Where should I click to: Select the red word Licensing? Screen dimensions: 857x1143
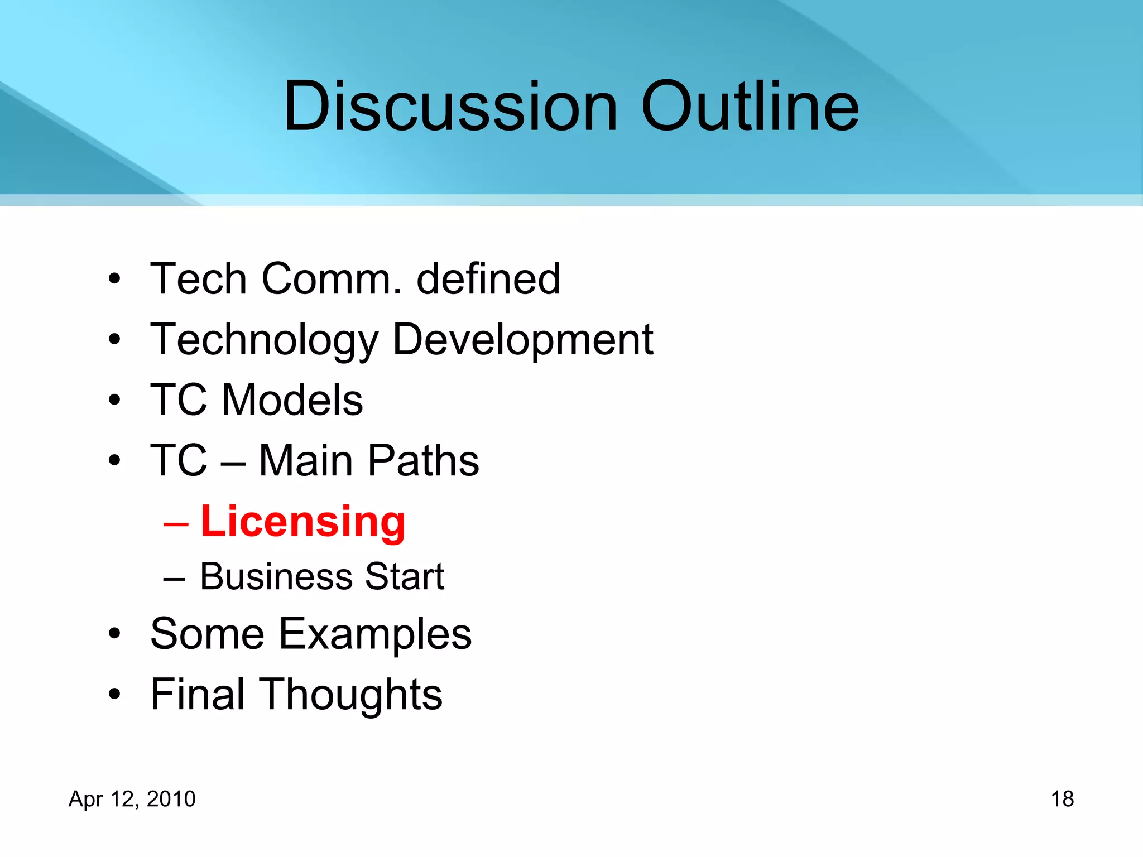[303, 521]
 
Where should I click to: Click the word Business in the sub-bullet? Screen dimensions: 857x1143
[276, 576]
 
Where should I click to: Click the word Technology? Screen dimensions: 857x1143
[265, 340]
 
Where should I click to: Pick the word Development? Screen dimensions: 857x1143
[523, 340]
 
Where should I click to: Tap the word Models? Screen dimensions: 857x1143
[292, 400]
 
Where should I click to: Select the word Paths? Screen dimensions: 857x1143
[424, 461]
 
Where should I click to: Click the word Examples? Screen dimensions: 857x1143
[375, 634]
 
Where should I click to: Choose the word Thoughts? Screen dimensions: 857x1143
[353, 695]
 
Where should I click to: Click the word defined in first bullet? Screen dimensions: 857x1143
[488, 278]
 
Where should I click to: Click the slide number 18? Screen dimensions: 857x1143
[1062, 799]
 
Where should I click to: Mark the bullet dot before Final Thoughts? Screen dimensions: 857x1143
[115, 695]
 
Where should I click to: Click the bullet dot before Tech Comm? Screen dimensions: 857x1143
[115, 278]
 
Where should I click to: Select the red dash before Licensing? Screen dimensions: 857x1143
[175, 525]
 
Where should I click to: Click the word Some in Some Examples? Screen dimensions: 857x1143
[207, 634]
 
